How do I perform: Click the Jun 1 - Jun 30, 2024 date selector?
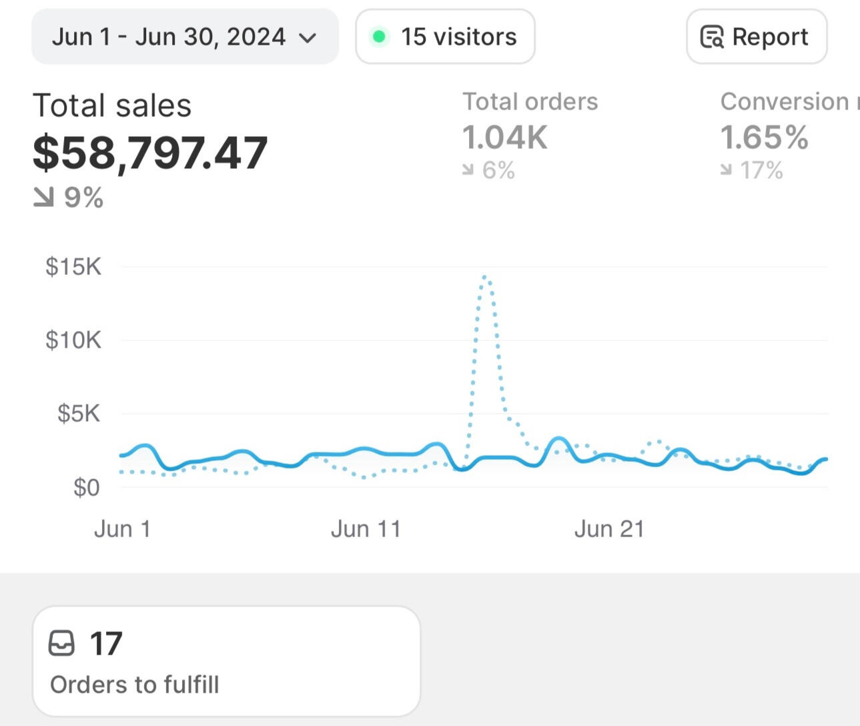[x=184, y=37]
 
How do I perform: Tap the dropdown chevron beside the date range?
[x=308, y=37]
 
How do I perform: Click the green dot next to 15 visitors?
[x=379, y=37]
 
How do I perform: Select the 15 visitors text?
[x=458, y=37]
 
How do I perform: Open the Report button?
[x=756, y=37]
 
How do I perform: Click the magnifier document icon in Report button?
[x=711, y=37]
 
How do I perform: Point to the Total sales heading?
[x=112, y=105]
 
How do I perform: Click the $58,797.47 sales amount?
[x=150, y=152]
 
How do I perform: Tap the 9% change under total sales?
[x=83, y=198]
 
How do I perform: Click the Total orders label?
[x=530, y=101]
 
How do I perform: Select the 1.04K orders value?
[x=505, y=137]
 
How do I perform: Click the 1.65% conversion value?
[x=764, y=137]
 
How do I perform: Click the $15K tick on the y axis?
[x=73, y=267]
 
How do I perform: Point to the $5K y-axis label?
[x=79, y=414]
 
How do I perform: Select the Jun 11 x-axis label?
[x=366, y=529]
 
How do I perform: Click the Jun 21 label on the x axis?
[x=609, y=529]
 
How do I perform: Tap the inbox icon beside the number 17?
[x=61, y=643]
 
